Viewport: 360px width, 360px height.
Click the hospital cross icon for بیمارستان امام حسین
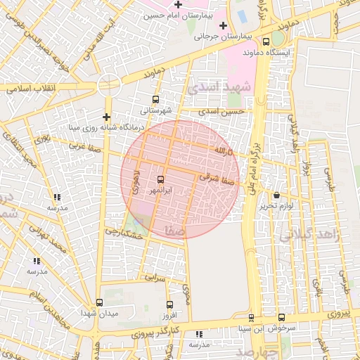point(179,5)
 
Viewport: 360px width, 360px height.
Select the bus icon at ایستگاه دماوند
point(266,41)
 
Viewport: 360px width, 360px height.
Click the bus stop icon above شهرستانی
point(155,100)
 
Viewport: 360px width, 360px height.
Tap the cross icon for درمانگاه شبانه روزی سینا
point(106,117)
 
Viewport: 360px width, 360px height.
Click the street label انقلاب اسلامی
point(30,90)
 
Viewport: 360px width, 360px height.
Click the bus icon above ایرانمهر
point(160,180)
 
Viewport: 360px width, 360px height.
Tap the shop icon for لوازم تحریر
point(276,195)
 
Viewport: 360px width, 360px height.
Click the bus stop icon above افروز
point(169,304)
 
